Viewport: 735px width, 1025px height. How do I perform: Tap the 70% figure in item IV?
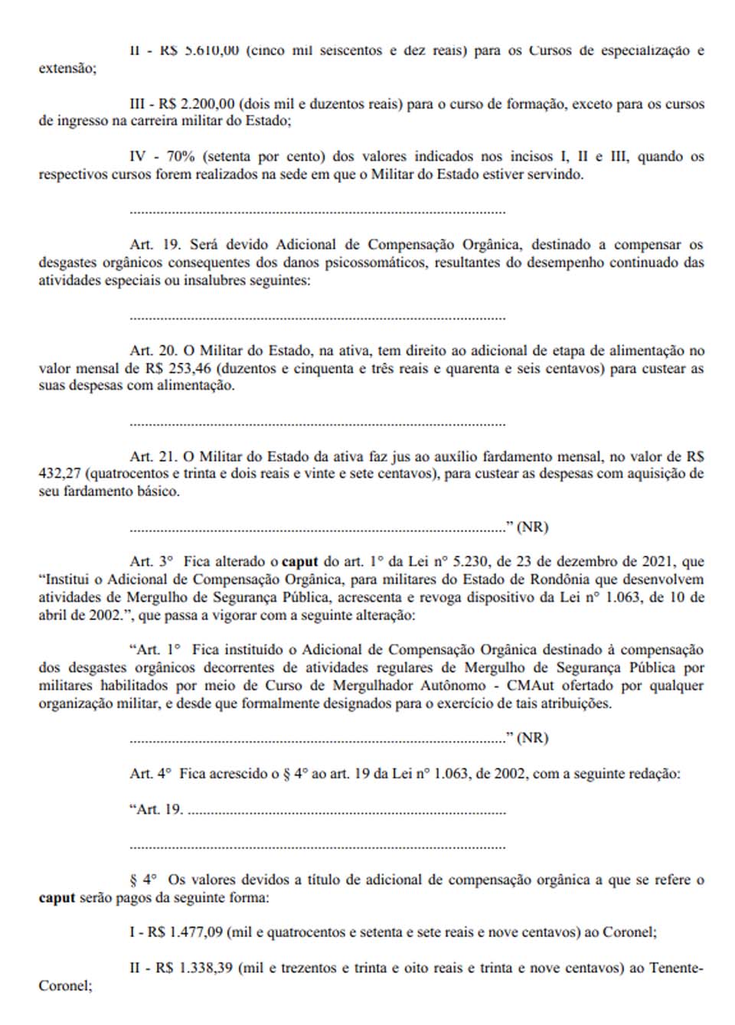[181, 157]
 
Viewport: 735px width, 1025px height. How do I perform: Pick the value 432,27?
[60, 474]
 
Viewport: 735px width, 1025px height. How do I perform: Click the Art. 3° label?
[152, 562]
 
